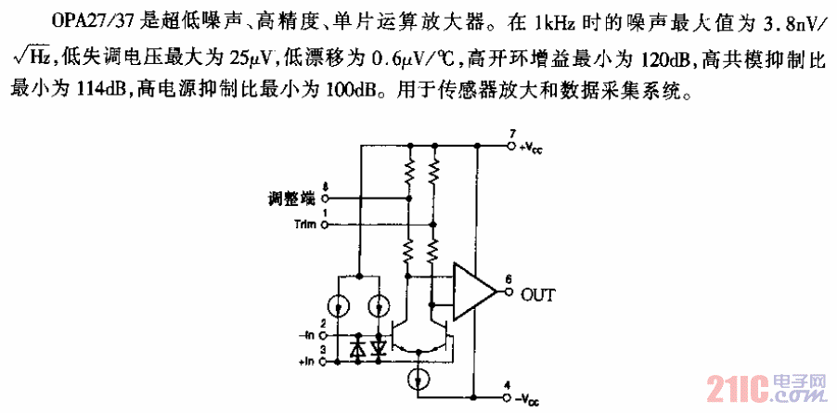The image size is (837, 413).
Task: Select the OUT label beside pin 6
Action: pos(538,295)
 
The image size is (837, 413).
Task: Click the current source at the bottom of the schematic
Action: pos(419,379)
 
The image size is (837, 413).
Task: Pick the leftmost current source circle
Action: pos(340,305)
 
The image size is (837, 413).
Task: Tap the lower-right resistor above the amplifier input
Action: pos(434,249)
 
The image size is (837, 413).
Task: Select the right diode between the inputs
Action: pos(379,348)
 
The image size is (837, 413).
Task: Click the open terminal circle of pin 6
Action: pos(509,291)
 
